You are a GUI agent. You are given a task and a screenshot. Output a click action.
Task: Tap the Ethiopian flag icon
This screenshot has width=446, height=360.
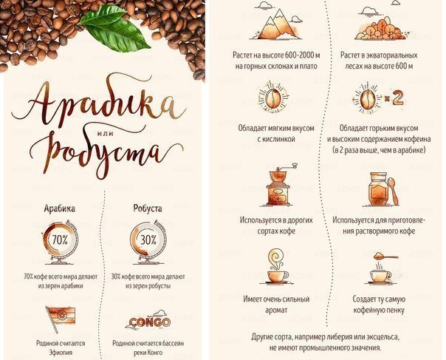[x=61, y=319]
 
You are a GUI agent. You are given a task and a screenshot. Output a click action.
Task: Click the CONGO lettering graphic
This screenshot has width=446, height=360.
[x=149, y=321]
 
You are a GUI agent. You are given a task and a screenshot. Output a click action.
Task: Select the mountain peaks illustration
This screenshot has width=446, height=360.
[x=275, y=24]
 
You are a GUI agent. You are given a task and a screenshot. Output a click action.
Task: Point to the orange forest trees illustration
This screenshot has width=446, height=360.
[x=380, y=28]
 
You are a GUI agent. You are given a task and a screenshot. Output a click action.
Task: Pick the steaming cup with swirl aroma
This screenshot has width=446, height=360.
[x=277, y=267]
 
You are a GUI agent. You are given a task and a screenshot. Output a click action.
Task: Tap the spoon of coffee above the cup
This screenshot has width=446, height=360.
[x=385, y=256]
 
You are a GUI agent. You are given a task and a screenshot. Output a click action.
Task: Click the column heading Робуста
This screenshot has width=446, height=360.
[x=148, y=208]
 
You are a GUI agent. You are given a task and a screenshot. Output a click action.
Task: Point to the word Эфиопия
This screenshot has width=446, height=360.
[x=61, y=353]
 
